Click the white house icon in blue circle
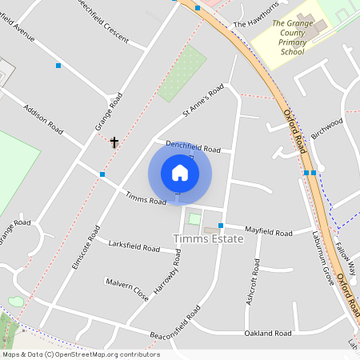(180, 173)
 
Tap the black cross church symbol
(114, 142)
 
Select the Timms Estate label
(205, 238)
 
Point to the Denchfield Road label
(193, 147)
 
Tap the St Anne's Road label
(202, 102)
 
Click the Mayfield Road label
(269, 231)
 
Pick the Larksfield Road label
(134, 246)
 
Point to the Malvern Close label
(127, 289)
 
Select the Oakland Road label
(267, 333)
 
